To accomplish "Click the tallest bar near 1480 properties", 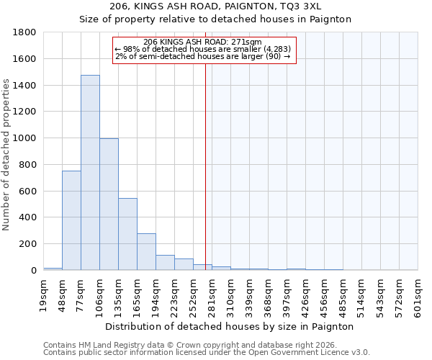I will [x=90, y=173].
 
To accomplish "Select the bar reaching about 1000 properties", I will [x=109, y=204].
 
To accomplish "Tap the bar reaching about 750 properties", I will [x=71, y=220].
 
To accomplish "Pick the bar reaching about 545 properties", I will [x=127, y=234].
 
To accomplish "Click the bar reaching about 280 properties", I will [x=146, y=252].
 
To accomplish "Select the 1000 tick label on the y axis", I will [x=27, y=138].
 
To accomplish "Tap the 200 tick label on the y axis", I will [x=30, y=244].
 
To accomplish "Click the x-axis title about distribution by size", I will [x=230, y=326].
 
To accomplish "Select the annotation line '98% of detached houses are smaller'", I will [x=202, y=49].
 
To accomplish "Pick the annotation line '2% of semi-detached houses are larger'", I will [x=202, y=56].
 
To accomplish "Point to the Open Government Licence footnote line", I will [x=207, y=353].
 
